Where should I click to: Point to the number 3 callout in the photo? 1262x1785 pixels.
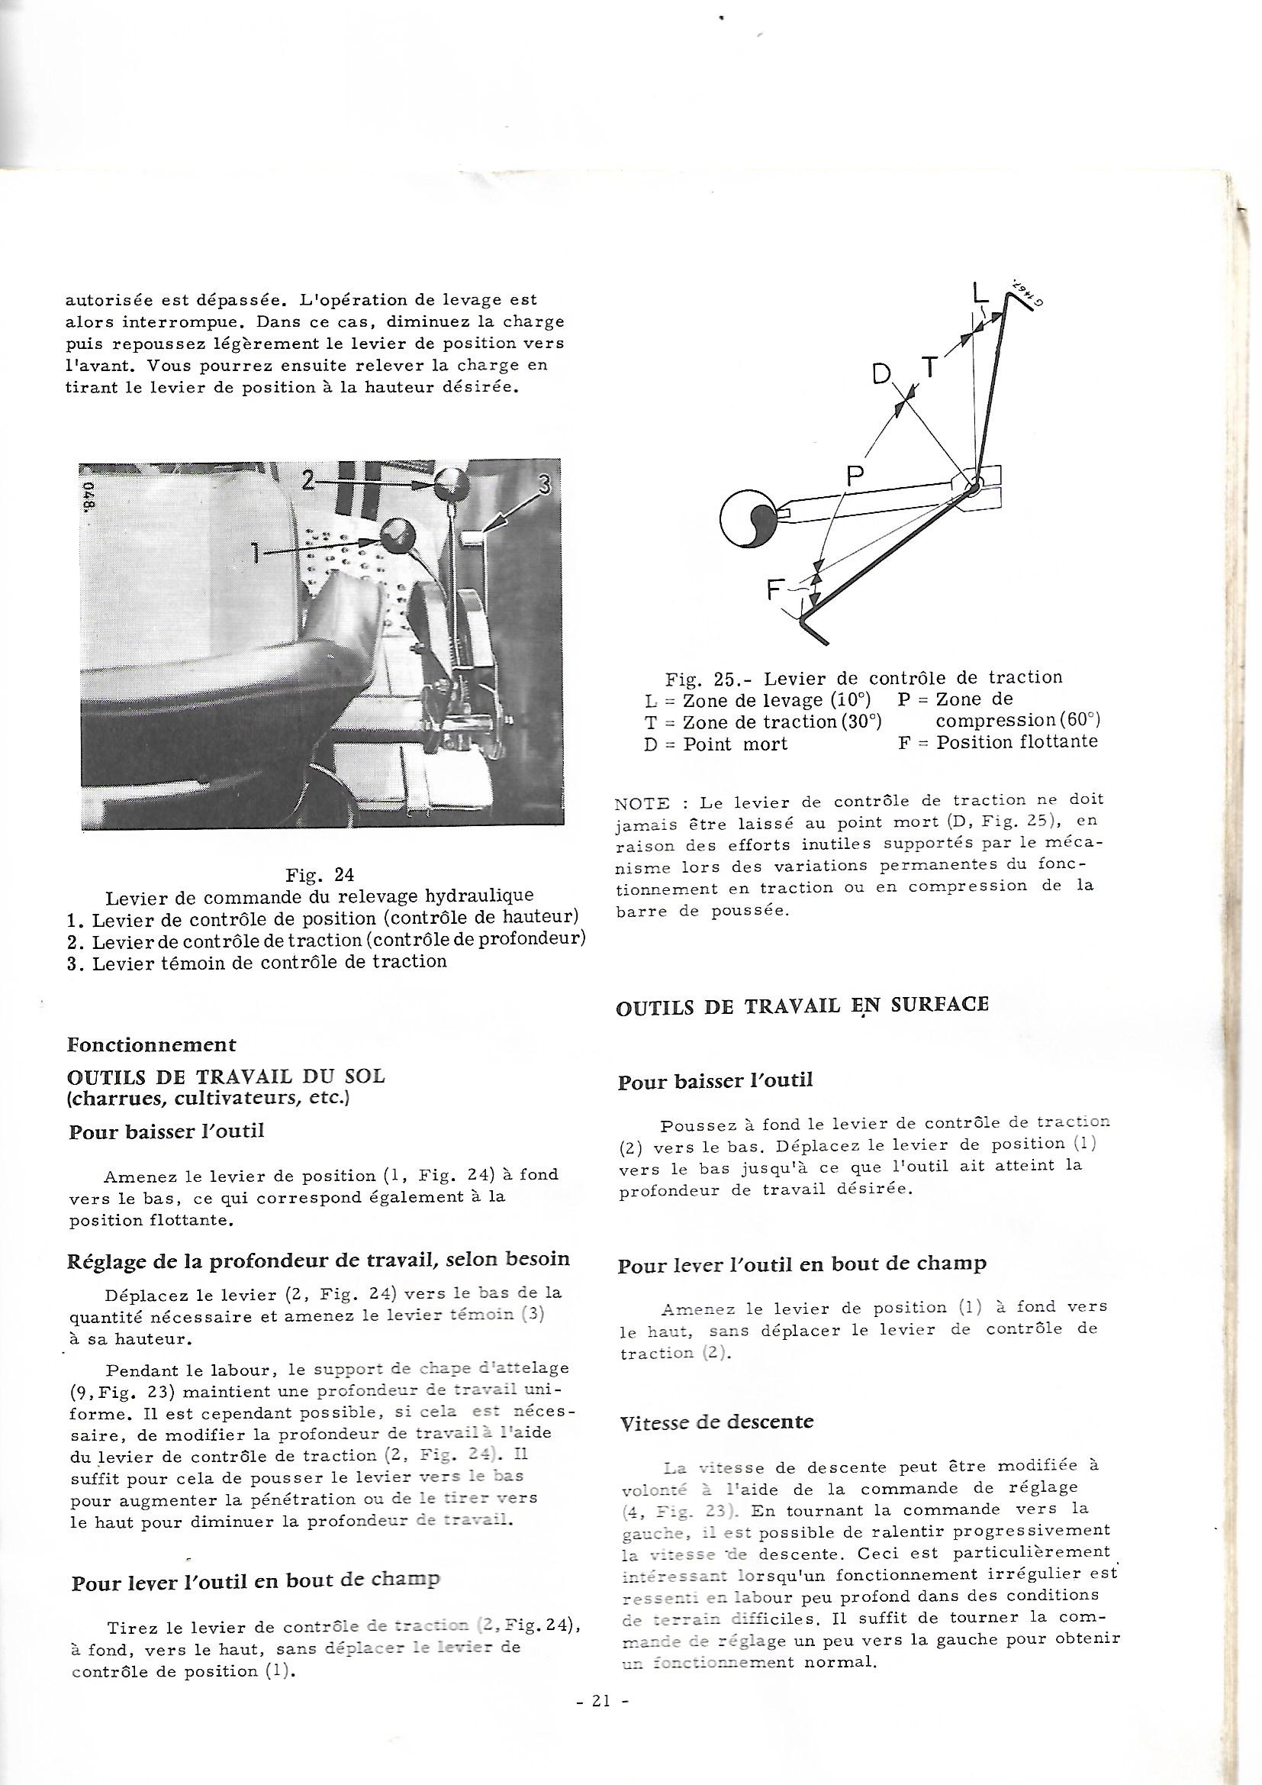[x=545, y=485]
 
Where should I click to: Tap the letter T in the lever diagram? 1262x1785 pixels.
[x=931, y=366]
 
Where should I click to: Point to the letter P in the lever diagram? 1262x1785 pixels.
[x=856, y=476]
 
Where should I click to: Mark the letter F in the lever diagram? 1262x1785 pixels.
[x=775, y=591]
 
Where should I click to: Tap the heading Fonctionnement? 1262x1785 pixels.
[x=152, y=1044]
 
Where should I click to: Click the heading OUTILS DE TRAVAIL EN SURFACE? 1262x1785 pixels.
[x=802, y=1005]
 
